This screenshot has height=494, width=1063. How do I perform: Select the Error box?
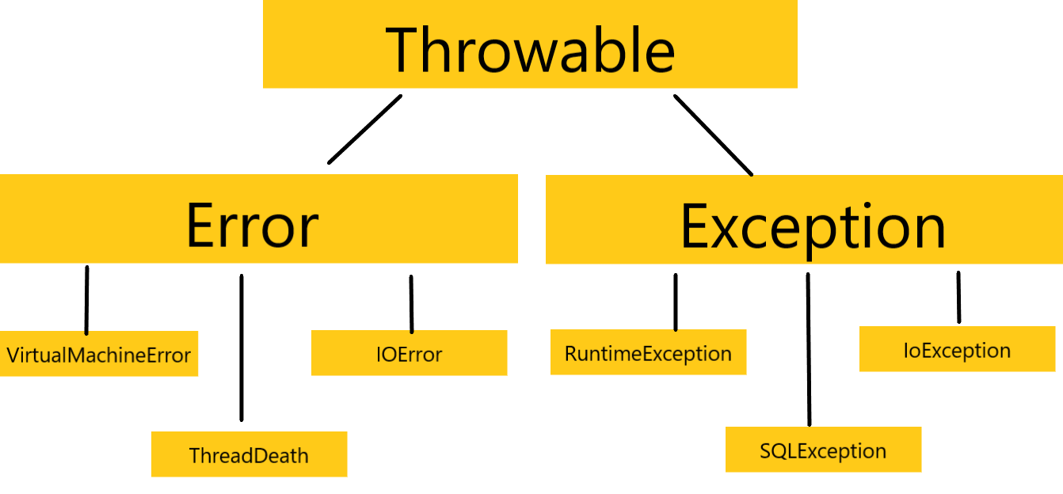pos(258,219)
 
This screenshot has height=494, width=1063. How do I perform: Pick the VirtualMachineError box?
pos(99,354)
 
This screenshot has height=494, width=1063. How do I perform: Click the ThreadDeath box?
pos(249,454)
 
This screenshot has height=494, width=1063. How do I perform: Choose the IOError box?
pos(409,353)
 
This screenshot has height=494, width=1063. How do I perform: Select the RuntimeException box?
pos(648,353)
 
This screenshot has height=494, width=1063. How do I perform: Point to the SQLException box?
pos(823,450)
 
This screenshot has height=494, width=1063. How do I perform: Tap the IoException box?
pos(957,350)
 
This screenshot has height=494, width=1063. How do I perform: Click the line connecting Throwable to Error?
pos(365,129)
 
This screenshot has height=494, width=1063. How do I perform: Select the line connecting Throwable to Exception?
pos(713,135)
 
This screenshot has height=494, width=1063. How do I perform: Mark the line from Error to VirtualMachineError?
pos(86,301)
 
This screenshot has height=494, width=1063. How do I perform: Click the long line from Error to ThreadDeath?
pos(241,348)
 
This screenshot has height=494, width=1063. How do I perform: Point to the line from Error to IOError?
pos(411,304)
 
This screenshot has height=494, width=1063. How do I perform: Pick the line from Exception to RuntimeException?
pos(675,302)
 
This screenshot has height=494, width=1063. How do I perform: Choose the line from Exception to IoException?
pos(958,298)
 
